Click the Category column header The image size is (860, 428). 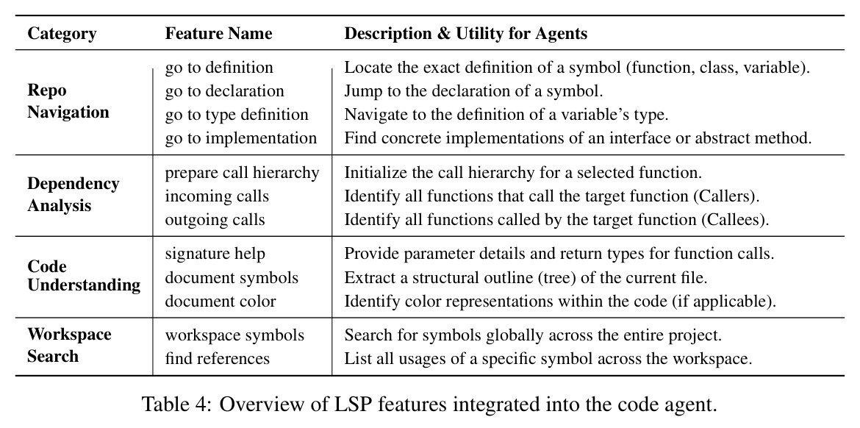[62, 34]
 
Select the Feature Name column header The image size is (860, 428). [219, 34]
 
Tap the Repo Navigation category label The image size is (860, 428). [68, 101]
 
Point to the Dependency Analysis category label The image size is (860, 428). [73, 195]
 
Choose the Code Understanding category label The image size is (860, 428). [84, 276]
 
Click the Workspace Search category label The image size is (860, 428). [69, 345]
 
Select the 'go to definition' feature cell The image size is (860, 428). [219, 68]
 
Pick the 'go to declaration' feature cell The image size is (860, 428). [225, 91]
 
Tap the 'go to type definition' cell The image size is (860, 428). [237, 115]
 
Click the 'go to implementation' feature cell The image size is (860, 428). [241, 138]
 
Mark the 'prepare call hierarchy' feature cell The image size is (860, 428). [242, 173]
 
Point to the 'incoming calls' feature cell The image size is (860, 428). [217, 196]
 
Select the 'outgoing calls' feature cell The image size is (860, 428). [215, 219]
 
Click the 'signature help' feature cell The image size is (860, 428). [215, 254]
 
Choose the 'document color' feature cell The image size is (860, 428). [221, 302]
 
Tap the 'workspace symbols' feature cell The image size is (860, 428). [234, 335]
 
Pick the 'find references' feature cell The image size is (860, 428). [217, 359]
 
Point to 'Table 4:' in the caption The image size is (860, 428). [176, 404]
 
